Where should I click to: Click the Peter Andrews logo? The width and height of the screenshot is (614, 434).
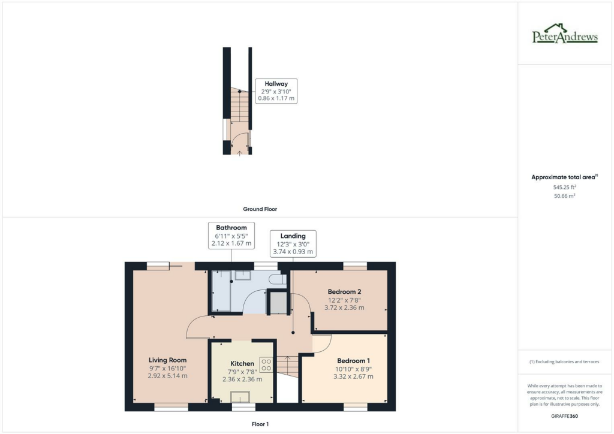click(565, 35)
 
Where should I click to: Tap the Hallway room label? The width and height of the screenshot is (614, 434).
click(276, 84)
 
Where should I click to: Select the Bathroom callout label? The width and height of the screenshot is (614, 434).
click(231, 228)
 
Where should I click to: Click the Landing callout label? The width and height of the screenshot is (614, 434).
click(293, 236)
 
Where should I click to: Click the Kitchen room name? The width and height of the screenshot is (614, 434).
click(242, 364)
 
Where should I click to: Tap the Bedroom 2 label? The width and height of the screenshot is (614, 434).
click(344, 292)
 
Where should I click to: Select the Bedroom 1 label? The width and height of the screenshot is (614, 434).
click(353, 360)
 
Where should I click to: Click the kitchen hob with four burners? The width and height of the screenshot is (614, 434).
click(266, 364)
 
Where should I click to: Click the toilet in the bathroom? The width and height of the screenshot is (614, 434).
click(278, 279)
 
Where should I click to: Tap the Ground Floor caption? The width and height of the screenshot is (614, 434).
click(260, 209)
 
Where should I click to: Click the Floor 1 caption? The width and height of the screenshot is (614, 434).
click(260, 424)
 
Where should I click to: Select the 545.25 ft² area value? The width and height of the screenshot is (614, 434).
click(565, 187)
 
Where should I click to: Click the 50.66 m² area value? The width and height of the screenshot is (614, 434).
click(565, 196)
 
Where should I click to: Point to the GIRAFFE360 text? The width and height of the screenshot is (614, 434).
click(565, 415)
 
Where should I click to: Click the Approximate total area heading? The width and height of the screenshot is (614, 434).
click(564, 177)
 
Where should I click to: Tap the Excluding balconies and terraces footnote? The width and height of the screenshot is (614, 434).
click(564, 362)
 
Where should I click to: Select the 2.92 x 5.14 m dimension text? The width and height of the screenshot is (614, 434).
click(168, 376)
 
